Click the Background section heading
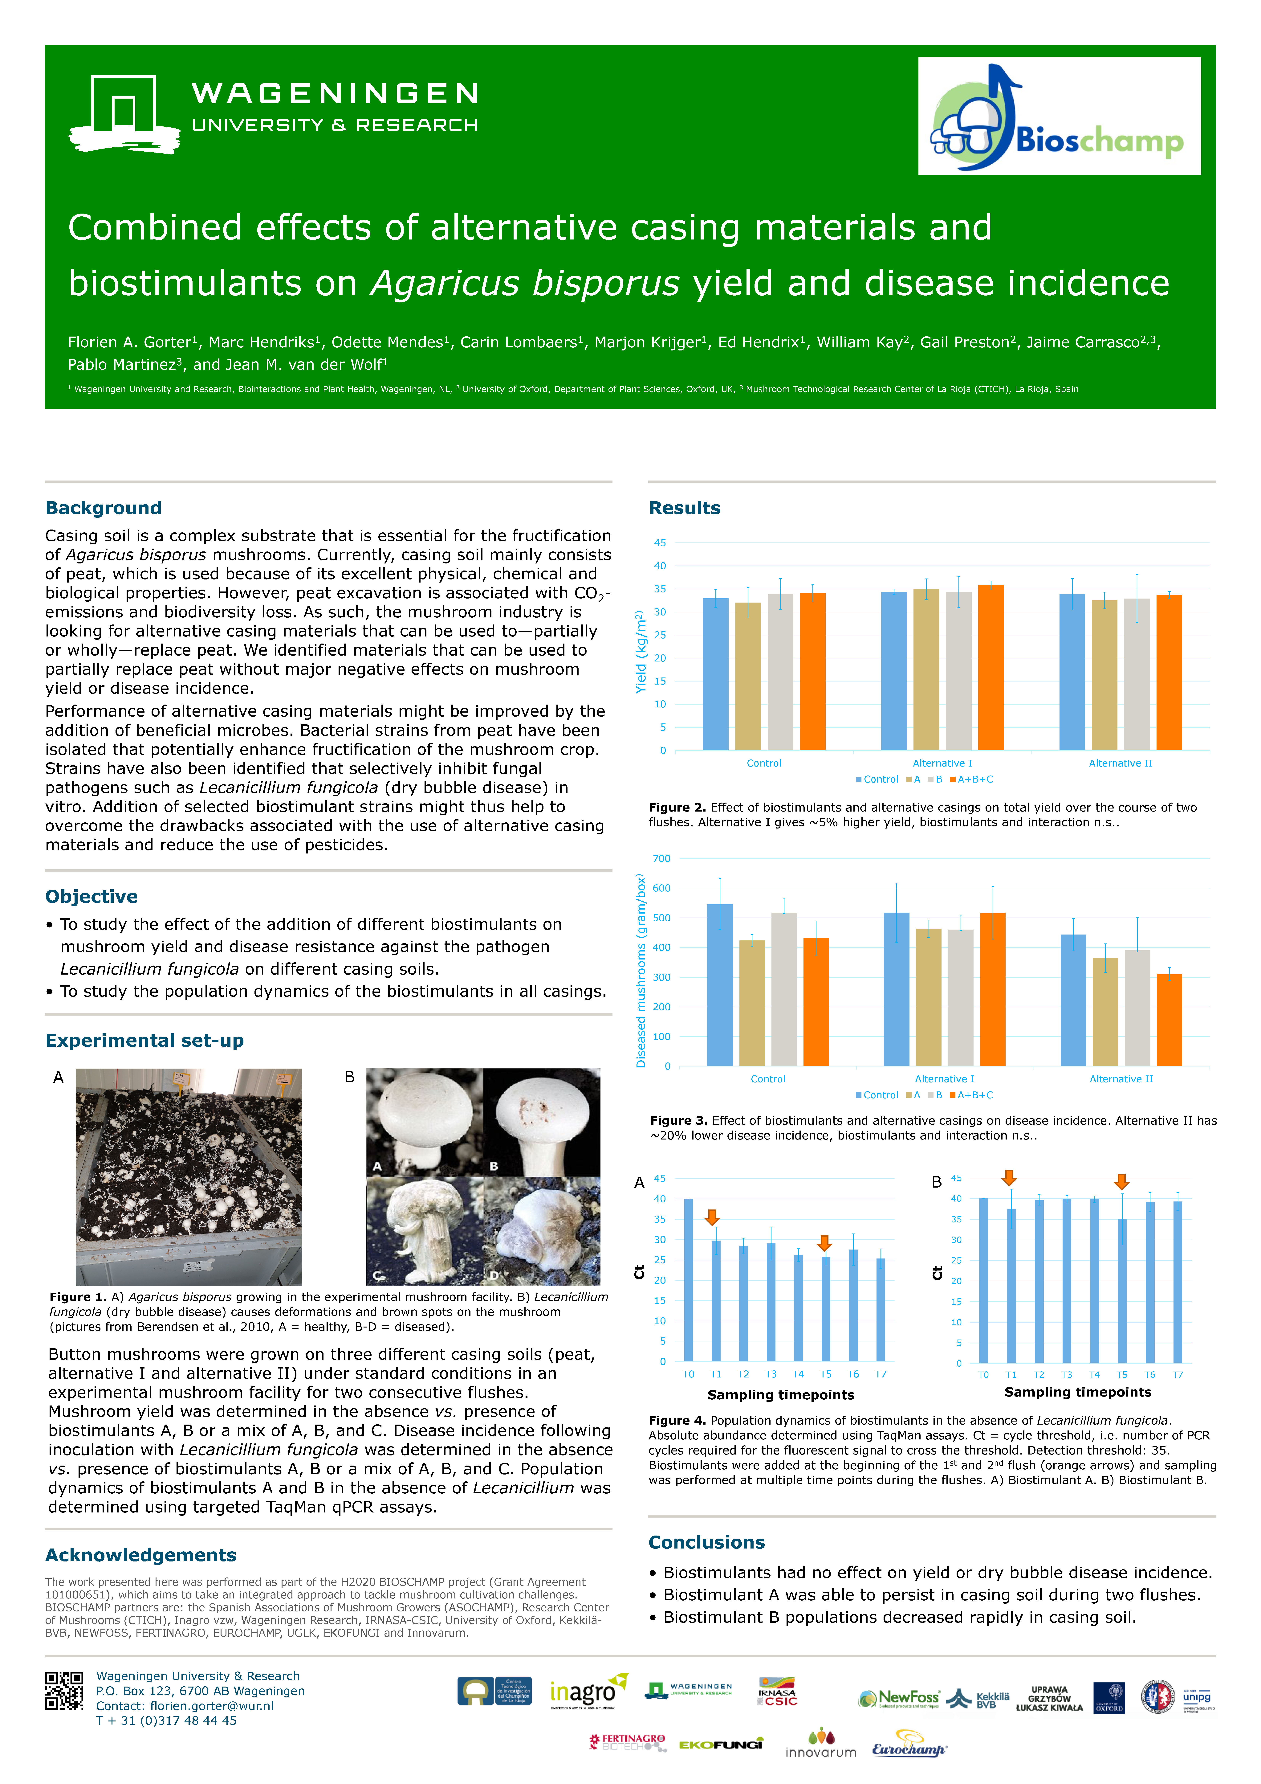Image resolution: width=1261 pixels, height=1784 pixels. pyautogui.click(x=103, y=508)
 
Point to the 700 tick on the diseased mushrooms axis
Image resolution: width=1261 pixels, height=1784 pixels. pyautogui.click(x=662, y=859)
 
